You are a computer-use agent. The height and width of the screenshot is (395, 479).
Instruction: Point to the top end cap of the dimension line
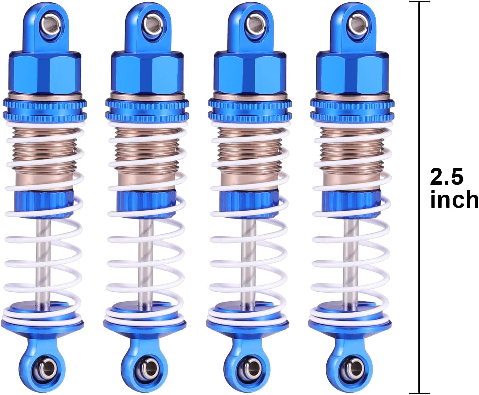pyautogui.click(x=419, y=2)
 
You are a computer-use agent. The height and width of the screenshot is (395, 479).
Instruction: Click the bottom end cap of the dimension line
pyautogui.click(x=419, y=393)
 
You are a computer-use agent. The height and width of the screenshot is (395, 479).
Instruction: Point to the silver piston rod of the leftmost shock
pyautogui.click(x=44, y=262)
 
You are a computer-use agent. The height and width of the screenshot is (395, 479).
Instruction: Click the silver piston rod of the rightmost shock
pyautogui.click(x=351, y=262)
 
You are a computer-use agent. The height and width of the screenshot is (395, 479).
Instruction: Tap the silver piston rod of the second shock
pyautogui.click(x=146, y=262)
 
